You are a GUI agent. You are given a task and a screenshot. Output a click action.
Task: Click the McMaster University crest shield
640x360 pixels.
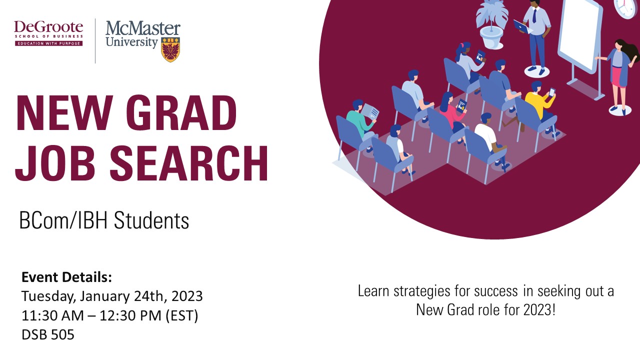coord(170,49)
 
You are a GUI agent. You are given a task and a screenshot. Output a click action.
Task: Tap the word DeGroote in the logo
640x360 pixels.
coord(48,27)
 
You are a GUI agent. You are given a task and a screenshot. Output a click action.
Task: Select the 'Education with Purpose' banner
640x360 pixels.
coord(49,43)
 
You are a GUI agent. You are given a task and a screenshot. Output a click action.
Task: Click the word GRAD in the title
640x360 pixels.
coord(181,112)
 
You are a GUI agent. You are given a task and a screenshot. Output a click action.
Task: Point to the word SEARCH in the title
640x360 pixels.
coord(189,163)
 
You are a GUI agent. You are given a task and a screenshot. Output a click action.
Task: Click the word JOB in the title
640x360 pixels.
coord(55,163)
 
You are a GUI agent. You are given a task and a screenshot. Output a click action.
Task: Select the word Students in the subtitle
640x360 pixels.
coord(151,220)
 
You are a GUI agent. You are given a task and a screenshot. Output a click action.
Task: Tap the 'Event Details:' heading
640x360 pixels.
coord(66,277)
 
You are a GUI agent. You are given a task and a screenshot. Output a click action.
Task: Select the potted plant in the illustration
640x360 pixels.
coord(492,24)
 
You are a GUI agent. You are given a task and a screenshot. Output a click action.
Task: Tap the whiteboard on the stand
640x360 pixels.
coord(579,43)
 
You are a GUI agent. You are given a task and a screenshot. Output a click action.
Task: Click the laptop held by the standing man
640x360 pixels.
coord(523,27)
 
